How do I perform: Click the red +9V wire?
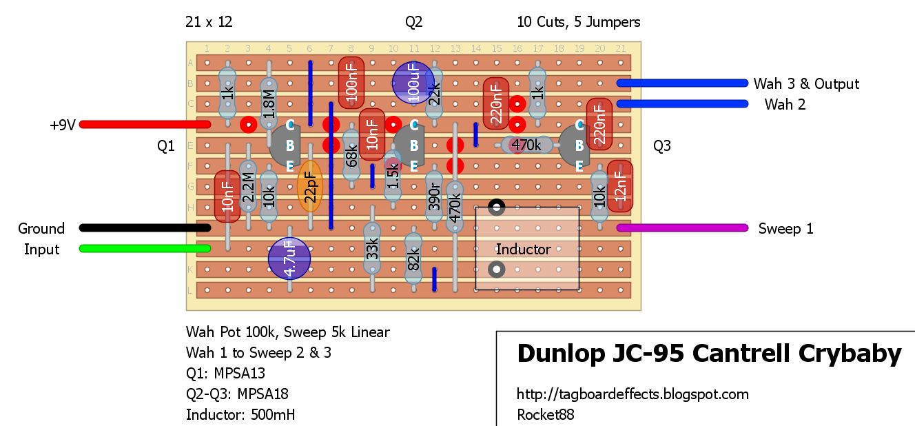pyautogui.click(x=145, y=124)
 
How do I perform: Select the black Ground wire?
pyautogui.click(x=145, y=227)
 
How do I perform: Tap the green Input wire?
pyautogui.click(x=145, y=249)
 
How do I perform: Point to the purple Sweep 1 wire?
pyautogui.click(x=682, y=227)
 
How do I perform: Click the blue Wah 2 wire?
pyautogui.click(x=682, y=104)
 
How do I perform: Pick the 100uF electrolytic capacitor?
pyautogui.click(x=413, y=83)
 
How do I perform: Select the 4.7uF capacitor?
pyautogui.click(x=289, y=258)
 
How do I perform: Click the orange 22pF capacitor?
pyautogui.click(x=310, y=186)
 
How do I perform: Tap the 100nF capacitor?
pyautogui.click(x=351, y=83)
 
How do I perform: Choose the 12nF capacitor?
pyautogui.click(x=620, y=186)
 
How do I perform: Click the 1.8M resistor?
pyautogui.click(x=269, y=104)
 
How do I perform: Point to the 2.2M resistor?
pyautogui.click(x=248, y=186)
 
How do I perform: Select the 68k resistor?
pyautogui.click(x=351, y=155)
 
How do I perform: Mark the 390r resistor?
pyautogui.click(x=434, y=196)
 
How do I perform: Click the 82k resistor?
pyautogui.click(x=413, y=258)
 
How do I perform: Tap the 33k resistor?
pyautogui.click(x=372, y=249)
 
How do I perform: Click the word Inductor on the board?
pyautogui.click(x=523, y=249)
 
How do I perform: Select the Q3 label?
pyautogui.click(x=661, y=145)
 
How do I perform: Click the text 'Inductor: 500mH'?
pyautogui.click(x=240, y=414)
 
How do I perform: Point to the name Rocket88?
pyautogui.click(x=545, y=414)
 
